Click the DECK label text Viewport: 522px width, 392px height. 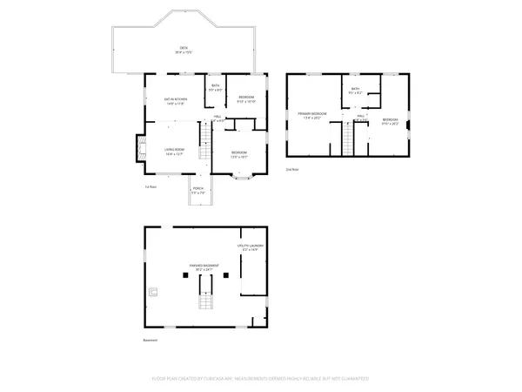point(184,49)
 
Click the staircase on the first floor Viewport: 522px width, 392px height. point(205,148)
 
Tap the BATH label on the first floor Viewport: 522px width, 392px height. point(216,87)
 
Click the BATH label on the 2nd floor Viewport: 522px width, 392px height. point(355,91)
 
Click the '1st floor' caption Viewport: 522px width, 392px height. point(151,187)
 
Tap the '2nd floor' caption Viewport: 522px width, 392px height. point(291,169)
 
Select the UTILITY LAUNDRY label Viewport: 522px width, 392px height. point(251,247)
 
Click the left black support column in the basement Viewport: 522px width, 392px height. point(184,274)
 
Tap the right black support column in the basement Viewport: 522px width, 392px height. point(226,274)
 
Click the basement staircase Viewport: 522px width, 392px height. point(206,302)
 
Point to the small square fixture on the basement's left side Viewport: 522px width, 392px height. point(154,292)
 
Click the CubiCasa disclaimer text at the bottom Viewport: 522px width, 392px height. point(261,379)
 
